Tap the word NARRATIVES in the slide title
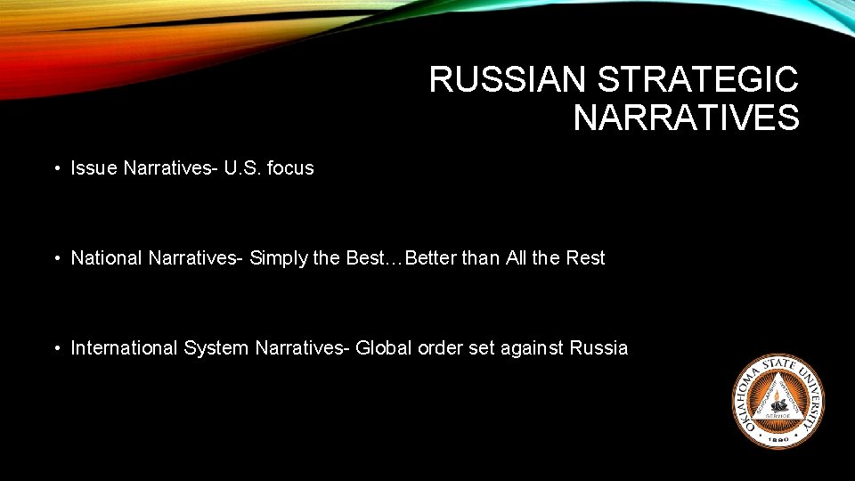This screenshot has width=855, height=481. point(686,118)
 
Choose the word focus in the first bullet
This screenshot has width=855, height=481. point(290,168)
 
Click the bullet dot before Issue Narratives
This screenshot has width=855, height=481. point(56,168)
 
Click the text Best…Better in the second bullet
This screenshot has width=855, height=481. point(402,258)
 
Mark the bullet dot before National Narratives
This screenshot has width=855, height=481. point(56,258)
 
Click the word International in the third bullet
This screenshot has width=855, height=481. point(125,348)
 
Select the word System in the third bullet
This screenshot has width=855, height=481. point(216,348)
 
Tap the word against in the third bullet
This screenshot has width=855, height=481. point(531,348)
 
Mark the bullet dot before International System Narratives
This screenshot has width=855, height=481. point(56,348)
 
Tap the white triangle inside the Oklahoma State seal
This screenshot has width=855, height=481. point(778,398)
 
